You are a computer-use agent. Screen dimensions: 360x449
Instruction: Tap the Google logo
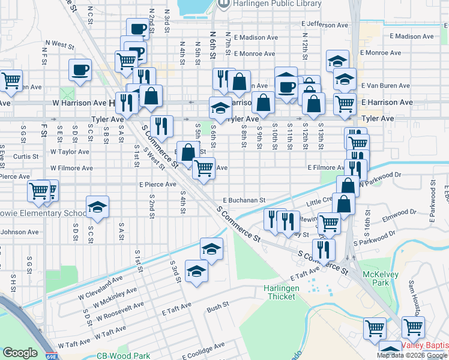20,353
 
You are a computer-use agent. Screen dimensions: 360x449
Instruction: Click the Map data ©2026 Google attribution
412,355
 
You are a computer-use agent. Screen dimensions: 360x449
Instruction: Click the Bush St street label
218,307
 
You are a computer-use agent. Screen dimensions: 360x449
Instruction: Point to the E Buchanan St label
244,200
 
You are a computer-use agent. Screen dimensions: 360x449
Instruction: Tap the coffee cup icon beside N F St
80,70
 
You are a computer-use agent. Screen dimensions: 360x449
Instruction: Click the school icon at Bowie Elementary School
97,206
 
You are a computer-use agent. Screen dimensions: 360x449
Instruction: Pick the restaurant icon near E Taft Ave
324,250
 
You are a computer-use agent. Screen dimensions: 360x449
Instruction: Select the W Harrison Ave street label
81,103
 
